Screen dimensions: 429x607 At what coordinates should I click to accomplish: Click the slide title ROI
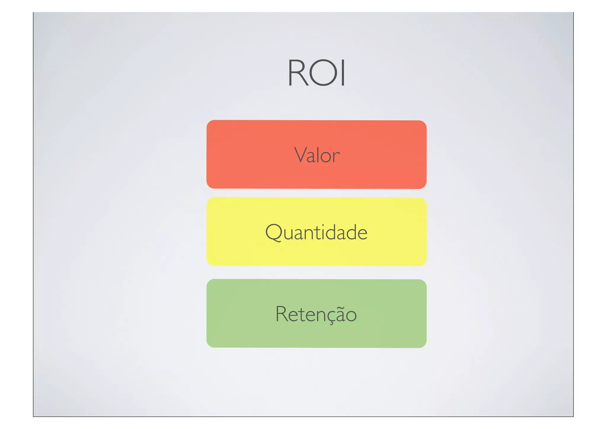pyautogui.click(x=316, y=73)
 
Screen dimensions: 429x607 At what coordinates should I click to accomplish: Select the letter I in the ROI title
pyautogui.click(x=343, y=73)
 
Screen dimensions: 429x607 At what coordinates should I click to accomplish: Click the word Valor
pyautogui.click(x=317, y=155)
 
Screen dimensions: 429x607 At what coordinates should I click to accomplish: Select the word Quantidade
pyautogui.click(x=316, y=232)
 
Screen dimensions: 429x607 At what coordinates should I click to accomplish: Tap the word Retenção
pyautogui.click(x=316, y=314)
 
